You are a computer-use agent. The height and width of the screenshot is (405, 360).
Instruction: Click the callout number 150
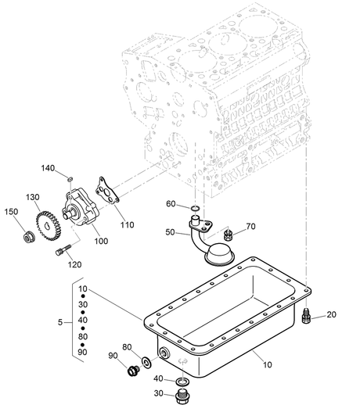[11, 212]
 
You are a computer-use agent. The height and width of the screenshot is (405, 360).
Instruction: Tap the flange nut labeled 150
[27, 238]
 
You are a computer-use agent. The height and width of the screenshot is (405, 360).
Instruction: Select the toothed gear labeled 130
[48, 226]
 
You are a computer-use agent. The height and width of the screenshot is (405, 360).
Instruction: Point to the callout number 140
[48, 168]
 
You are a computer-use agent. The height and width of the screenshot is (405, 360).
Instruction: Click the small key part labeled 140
[70, 179]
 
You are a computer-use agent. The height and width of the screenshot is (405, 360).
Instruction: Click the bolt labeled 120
[63, 249]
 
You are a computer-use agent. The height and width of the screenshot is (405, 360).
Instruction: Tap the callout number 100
[101, 241]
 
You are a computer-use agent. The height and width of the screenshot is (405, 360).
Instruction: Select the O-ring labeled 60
[195, 208]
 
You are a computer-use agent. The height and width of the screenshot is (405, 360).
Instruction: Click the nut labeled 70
[229, 235]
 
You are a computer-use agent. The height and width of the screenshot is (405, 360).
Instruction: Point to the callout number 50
[170, 232]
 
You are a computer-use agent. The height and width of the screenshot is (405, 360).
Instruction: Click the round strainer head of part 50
[219, 254]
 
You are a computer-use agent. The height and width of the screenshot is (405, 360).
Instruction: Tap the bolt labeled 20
[305, 315]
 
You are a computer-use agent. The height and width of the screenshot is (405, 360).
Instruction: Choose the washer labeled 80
[146, 363]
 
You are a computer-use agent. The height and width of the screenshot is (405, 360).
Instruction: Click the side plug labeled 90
[134, 371]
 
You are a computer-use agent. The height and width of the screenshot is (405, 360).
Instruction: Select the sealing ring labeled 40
[182, 382]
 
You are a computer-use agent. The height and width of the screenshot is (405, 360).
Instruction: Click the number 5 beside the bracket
[60, 322]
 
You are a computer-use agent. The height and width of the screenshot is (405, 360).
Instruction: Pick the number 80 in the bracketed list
[83, 336]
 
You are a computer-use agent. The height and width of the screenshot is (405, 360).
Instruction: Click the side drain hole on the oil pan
[165, 353]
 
